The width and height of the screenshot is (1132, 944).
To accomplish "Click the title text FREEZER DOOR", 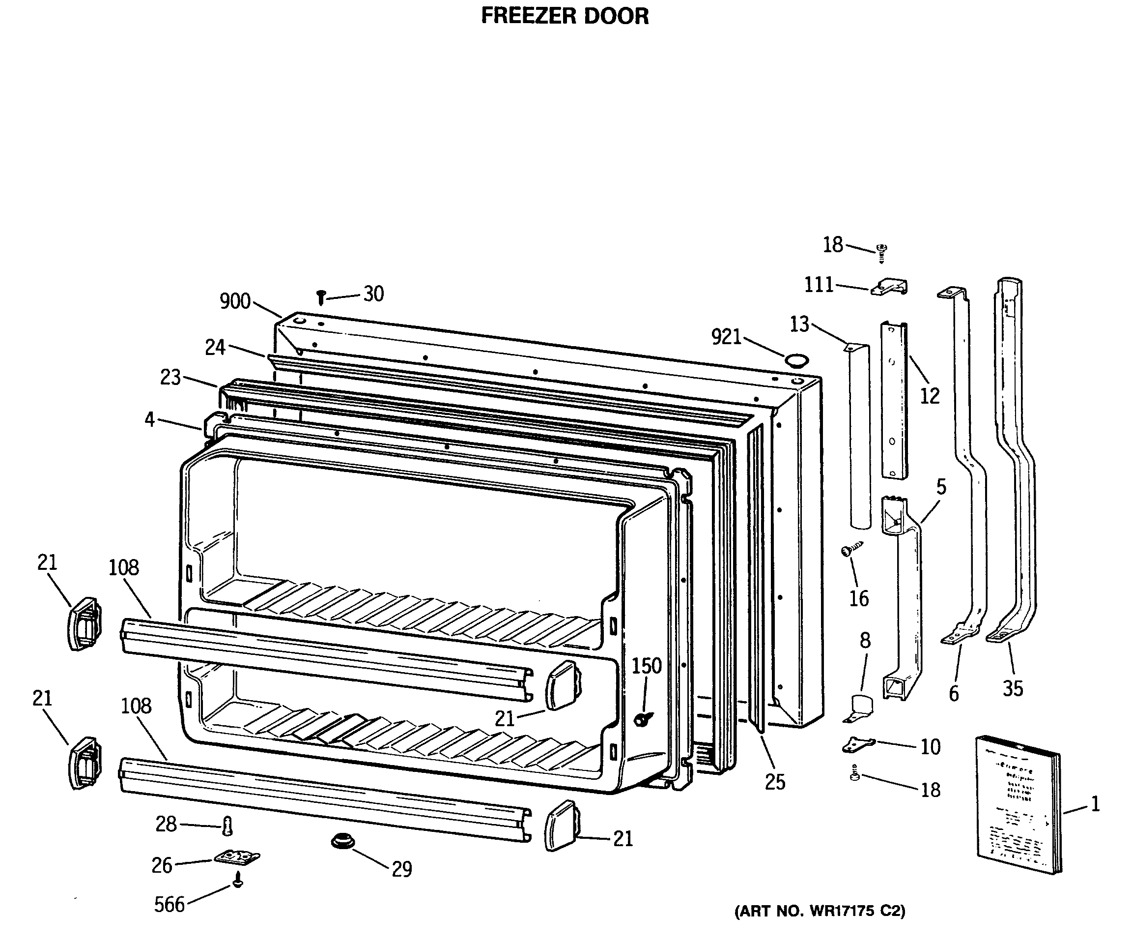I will tap(565, 16).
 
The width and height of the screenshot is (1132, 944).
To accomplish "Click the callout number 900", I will tap(235, 301).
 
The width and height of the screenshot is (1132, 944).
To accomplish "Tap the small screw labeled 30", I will tap(321, 296).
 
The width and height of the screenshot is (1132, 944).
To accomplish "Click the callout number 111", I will tap(819, 285).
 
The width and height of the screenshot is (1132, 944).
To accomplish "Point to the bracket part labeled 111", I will tap(889, 287).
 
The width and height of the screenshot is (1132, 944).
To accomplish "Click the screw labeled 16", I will tap(851, 549).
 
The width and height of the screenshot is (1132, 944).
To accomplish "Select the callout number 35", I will tap(1012, 688).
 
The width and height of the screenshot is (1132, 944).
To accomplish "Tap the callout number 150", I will tap(646, 666).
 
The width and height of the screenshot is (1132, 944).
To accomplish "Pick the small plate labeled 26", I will tap(236, 857).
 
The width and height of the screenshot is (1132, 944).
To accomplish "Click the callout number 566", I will tap(170, 905).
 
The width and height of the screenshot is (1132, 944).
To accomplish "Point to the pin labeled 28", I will tap(227, 826).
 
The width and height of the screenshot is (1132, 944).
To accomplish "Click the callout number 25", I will tap(775, 782).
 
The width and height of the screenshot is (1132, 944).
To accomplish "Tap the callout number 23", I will tap(170, 377).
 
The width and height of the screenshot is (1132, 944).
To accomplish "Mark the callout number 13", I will tap(799, 324).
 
